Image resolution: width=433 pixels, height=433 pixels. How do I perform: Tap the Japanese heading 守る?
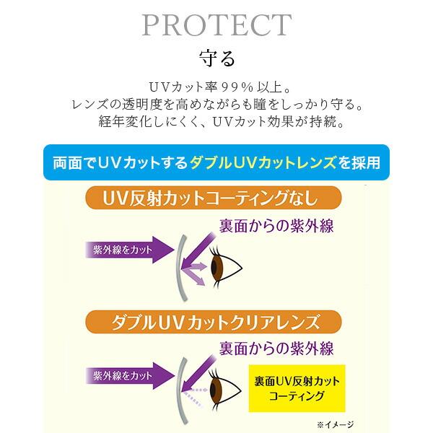[216, 57]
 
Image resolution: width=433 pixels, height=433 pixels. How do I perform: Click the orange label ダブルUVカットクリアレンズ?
[213, 320]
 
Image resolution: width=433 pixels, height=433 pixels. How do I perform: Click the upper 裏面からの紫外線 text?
[276, 225]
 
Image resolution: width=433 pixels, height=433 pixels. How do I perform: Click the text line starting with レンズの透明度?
[216, 103]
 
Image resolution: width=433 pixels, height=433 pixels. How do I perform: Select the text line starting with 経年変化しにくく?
[216, 121]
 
